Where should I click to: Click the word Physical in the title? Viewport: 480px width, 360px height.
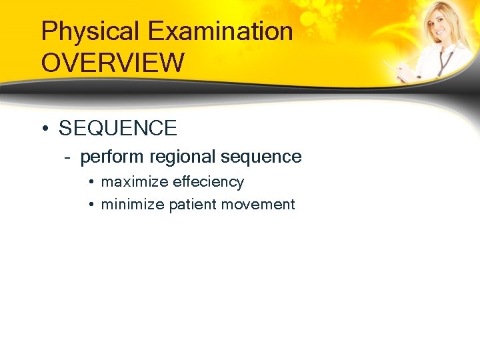(x=91, y=32)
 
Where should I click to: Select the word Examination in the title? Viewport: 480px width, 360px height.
(x=221, y=32)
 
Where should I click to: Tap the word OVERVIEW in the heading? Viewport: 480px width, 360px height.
(x=113, y=63)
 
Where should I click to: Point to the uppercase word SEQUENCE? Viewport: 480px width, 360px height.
(x=118, y=128)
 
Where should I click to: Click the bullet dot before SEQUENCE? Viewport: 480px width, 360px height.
(x=44, y=128)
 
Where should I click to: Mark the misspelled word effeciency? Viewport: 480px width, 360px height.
(x=208, y=182)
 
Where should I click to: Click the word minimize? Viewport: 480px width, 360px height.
(x=132, y=205)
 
